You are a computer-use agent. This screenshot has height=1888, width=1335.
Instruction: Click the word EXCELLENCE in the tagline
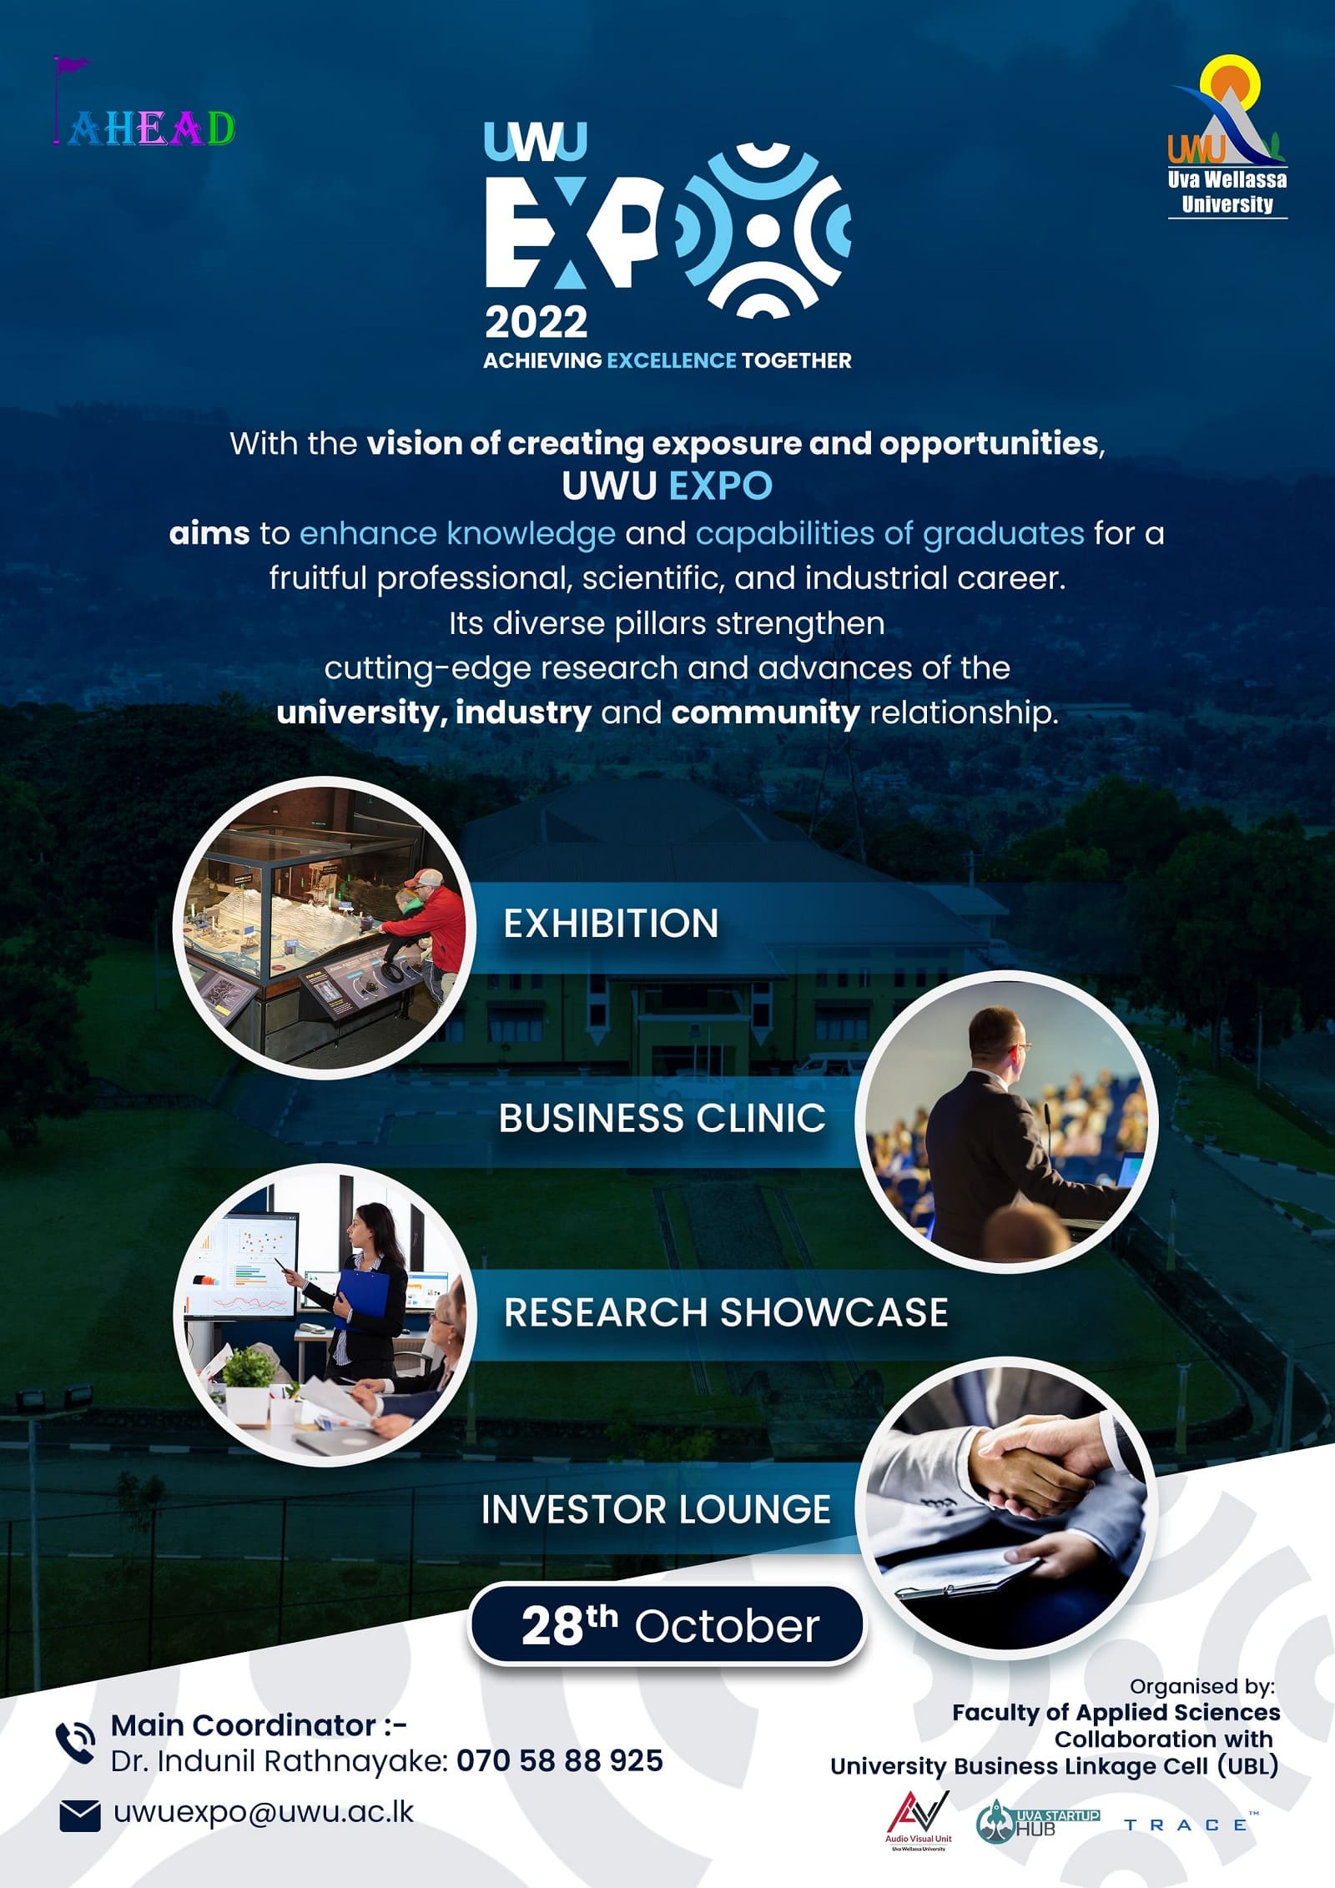pos(671,360)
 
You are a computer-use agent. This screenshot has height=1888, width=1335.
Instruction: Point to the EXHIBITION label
pos(611,924)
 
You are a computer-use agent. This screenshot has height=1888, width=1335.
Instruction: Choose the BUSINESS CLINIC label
pos(662,1118)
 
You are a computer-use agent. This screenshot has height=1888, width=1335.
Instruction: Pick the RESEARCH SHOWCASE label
pos(726,1312)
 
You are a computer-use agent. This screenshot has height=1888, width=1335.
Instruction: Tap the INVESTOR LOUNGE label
pos(656,1509)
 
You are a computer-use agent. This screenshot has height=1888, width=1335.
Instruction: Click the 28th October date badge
pos(667,1626)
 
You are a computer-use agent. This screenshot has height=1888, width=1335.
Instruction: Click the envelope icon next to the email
pos(80,1816)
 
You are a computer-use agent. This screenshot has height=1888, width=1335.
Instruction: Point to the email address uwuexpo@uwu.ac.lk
pos(264,1812)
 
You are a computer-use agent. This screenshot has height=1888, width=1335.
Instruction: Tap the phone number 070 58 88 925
pos(560,1760)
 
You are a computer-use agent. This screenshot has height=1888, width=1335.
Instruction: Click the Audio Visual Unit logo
pos(918,1818)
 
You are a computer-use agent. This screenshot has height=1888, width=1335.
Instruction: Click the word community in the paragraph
pos(765,712)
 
